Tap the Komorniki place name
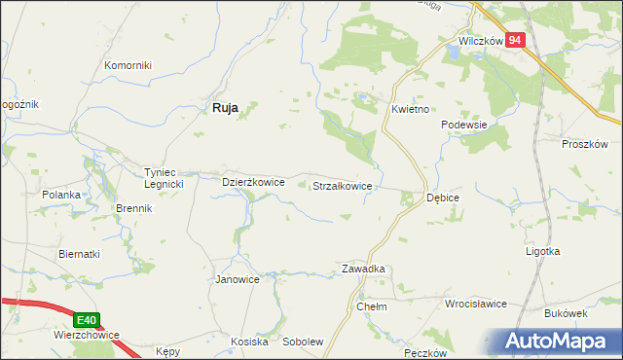tap(128, 65)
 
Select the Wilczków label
tap(480, 42)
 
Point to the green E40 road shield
tap(88, 319)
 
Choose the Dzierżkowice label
tap(253, 181)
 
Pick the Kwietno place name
tap(411, 110)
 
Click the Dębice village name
tap(443, 198)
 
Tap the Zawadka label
tap(363, 269)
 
